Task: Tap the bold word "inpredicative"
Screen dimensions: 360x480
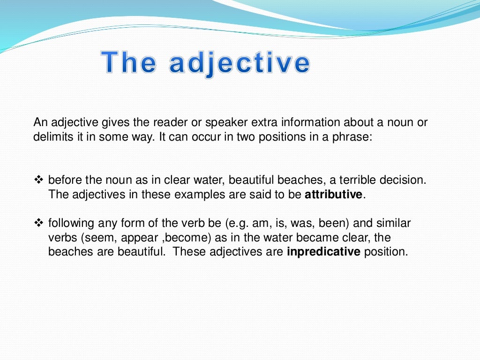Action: (x=323, y=252)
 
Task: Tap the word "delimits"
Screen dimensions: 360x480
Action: (x=50, y=137)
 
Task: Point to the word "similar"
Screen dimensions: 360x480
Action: (x=394, y=223)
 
